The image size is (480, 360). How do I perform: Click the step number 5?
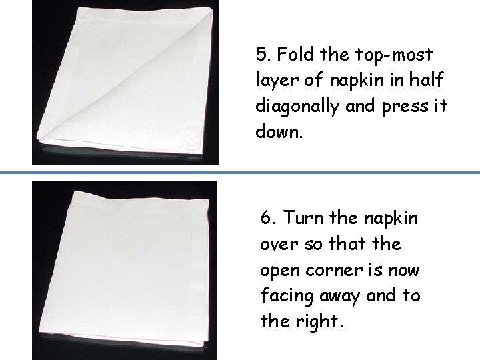[261, 53]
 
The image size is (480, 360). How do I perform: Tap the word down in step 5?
[278, 131]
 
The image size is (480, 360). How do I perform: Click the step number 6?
[267, 218]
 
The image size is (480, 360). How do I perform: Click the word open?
[280, 271]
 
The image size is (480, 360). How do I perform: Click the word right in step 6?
[315, 322]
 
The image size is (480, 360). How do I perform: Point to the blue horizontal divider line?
[240, 173]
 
